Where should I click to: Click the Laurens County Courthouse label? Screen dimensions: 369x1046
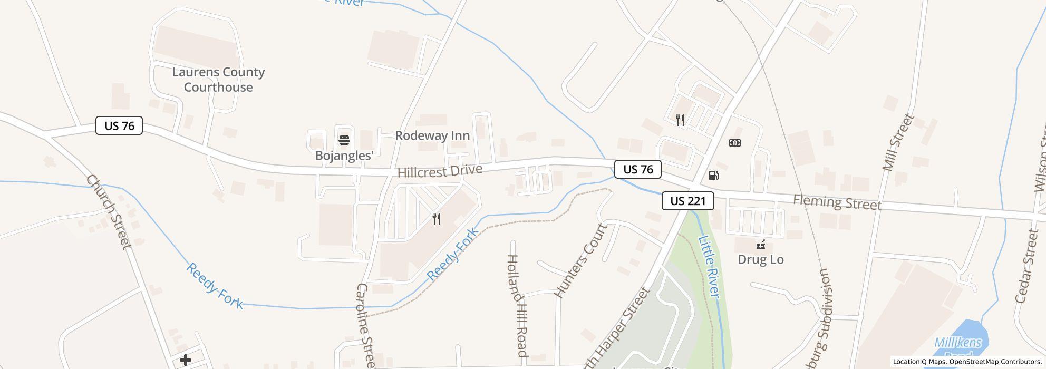click(x=218, y=80)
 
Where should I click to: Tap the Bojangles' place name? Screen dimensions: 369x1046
click(x=344, y=156)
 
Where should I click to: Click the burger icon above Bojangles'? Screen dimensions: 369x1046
click(x=344, y=140)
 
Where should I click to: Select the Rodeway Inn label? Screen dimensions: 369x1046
click(x=432, y=135)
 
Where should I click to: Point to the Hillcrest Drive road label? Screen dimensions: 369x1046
click(x=440, y=171)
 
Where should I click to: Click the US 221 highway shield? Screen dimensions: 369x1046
click(x=687, y=201)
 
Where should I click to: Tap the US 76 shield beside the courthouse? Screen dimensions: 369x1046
click(x=119, y=126)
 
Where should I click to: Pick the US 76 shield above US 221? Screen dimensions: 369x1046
click(x=638, y=169)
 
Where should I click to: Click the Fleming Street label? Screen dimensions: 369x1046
click(x=837, y=202)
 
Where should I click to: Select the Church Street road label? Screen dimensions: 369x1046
click(x=108, y=212)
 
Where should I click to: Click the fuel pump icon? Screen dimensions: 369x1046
click(x=713, y=176)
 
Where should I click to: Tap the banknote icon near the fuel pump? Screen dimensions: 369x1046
click(x=734, y=143)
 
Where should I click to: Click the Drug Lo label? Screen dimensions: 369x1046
click(x=760, y=259)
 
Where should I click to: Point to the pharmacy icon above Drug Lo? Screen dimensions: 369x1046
click(x=761, y=245)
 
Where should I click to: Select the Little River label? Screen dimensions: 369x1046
click(x=709, y=266)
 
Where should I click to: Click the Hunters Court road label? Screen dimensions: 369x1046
click(x=582, y=260)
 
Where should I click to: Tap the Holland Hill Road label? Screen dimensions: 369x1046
click(x=516, y=305)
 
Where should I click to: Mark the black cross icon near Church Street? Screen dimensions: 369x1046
click(x=186, y=360)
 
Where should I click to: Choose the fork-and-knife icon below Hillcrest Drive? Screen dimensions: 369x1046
click(x=437, y=219)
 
